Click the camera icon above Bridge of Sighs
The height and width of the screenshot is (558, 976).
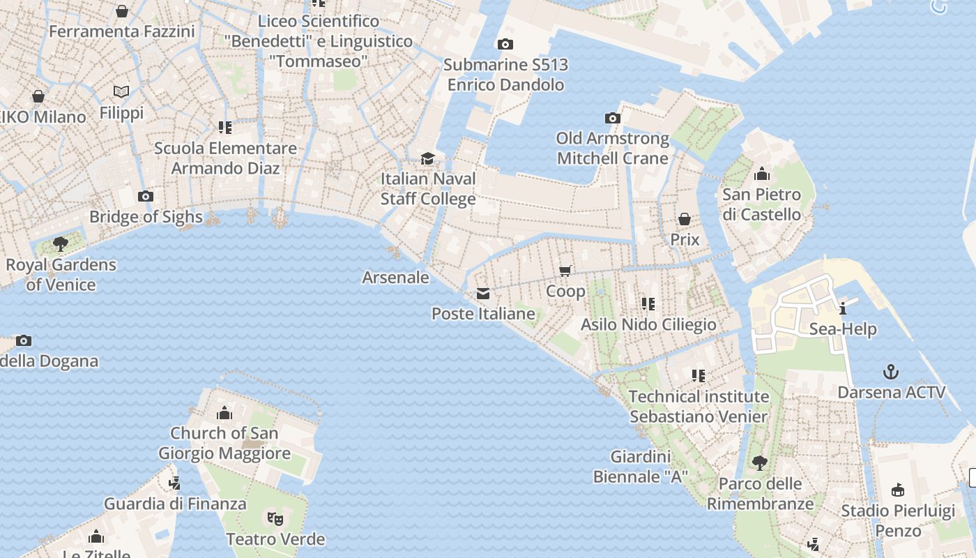coord(145,196)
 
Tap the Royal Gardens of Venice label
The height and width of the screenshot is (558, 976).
coord(61,275)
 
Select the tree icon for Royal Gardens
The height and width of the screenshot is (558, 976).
coord(61,243)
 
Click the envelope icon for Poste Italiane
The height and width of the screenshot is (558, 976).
coord(482,294)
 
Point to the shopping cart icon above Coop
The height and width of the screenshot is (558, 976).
coord(565,271)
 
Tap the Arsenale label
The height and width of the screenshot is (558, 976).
coord(395,278)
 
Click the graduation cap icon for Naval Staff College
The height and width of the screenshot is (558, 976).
coord(427,158)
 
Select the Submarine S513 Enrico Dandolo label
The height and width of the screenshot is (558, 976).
coord(506,75)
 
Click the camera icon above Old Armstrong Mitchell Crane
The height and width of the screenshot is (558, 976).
coord(612,118)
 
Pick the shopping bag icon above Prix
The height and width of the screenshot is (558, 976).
coord(685,219)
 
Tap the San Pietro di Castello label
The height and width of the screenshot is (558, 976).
coord(761,204)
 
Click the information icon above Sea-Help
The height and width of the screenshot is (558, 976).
coord(843,308)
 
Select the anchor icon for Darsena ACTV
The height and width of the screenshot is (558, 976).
coord(890,371)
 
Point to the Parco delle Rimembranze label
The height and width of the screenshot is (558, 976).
coord(760,494)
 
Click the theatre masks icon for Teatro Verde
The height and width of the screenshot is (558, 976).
coord(275,518)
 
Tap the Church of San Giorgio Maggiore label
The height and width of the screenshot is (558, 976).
coord(224,443)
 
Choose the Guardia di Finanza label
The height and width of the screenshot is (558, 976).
coord(175,504)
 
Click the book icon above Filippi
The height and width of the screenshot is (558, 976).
coord(121,91)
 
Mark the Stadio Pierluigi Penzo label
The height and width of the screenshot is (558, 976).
coord(898,520)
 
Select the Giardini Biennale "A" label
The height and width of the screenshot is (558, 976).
coord(641,467)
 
